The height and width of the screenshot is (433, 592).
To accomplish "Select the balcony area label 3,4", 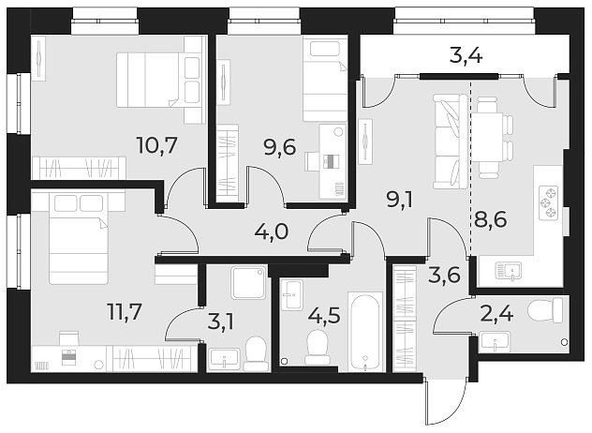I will pos(465,56).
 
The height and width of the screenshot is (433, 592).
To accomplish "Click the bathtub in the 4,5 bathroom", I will pos(365,333).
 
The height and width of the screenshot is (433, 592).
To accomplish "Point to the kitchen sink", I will pos(513,271).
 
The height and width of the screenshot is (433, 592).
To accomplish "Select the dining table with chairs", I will pos(492,136).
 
